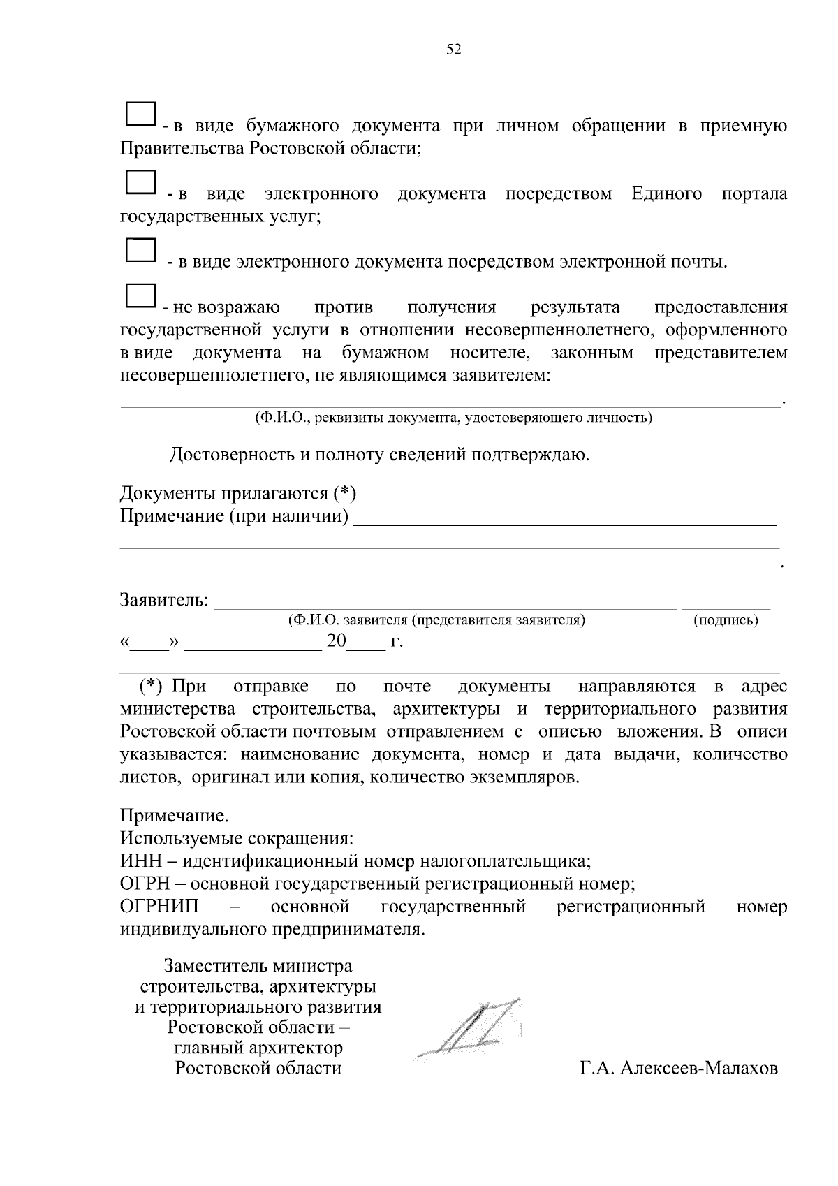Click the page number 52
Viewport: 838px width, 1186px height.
pos(454,50)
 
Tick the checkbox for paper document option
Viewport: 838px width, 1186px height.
pos(140,115)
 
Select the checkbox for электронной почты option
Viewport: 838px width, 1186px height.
pos(140,249)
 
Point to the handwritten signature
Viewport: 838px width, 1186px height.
pos(471,1027)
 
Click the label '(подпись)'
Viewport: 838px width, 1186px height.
pos(726,620)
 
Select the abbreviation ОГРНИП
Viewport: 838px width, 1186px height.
pos(159,907)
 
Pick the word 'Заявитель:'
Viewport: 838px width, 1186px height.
pos(165,600)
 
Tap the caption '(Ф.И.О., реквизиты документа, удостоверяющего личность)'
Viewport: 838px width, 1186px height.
pos(453,418)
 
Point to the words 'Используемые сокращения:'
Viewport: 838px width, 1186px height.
pos(237,838)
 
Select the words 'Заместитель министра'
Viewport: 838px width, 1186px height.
pos(258,967)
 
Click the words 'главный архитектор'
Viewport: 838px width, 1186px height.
pos(258,1048)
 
